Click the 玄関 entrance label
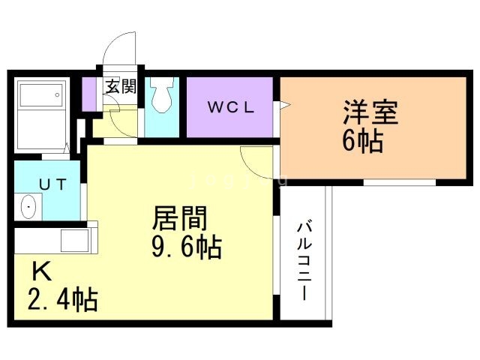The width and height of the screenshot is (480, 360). click(x=119, y=87)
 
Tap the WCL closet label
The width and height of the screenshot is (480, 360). click(x=232, y=106)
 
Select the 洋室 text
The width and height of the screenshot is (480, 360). click(x=370, y=113)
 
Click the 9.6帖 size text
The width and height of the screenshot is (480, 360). click(x=187, y=247)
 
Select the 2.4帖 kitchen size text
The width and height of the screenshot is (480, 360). click(x=63, y=299)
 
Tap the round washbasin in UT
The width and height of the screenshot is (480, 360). click(x=29, y=205)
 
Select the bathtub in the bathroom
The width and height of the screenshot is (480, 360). click(x=42, y=96)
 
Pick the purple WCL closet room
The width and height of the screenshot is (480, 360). click(x=232, y=120)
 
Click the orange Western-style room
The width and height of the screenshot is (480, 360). click(x=375, y=157)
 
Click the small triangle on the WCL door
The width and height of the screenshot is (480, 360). click(x=284, y=106)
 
